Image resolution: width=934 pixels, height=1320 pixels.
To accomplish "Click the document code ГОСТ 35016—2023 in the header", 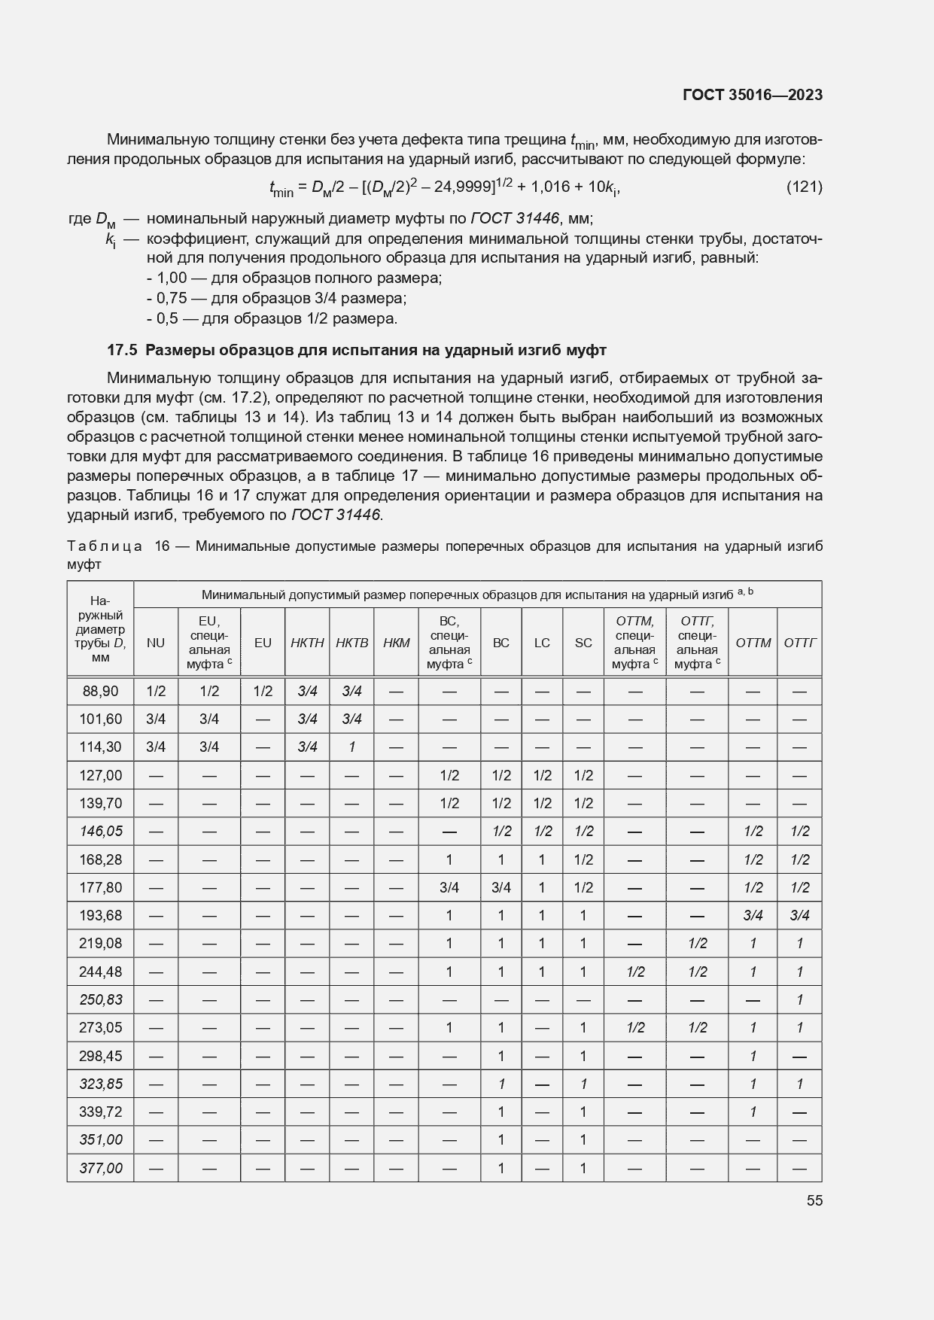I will [752, 95].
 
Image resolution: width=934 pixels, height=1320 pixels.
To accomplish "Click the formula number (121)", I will [804, 187].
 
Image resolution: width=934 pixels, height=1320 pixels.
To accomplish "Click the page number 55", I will [814, 1200].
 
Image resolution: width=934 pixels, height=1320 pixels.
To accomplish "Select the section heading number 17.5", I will [122, 350].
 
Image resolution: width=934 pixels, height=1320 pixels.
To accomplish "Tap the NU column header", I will [156, 643].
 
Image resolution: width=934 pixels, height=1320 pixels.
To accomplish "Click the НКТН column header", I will [307, 643].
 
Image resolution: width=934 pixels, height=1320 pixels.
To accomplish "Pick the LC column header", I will [542, 643].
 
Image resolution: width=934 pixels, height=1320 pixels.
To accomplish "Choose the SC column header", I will [583, 643].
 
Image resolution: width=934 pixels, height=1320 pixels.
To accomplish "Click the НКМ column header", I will [397, 643].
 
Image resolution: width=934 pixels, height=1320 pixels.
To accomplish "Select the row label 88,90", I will [100, 691].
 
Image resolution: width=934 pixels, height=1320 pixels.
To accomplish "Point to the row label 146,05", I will [100, 831].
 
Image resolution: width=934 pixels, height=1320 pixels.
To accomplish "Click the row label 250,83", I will [100, 999].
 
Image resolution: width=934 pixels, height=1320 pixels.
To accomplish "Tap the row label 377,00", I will [100, 1168].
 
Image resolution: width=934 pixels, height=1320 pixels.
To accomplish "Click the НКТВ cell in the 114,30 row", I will [351, 747].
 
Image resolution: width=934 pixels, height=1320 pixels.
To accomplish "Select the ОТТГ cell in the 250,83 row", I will [799, 999].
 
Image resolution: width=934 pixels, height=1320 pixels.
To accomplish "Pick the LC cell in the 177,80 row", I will [542, 887].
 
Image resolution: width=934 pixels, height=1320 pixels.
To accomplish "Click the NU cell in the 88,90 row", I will [156, 691].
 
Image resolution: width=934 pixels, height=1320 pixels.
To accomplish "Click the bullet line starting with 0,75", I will [276, 298].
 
